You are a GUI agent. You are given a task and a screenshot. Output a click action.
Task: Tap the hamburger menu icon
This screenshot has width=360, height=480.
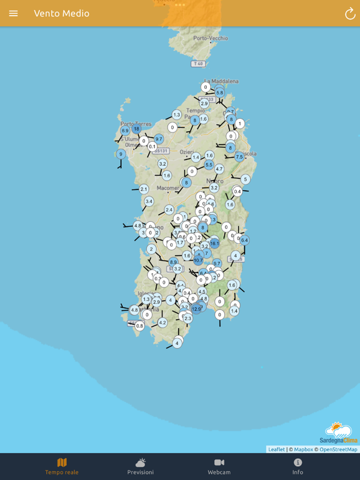click(13, 13)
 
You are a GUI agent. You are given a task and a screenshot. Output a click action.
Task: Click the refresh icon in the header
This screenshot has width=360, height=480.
click(350, 13)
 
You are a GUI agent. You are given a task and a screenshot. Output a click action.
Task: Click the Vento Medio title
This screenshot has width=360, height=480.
click(61, 13)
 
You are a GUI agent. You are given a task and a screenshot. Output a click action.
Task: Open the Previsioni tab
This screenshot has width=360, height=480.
click(141, 466)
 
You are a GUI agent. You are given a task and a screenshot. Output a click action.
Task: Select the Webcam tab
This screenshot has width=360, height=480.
click(219, 466)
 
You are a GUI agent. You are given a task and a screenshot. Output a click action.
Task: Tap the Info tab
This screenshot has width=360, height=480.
click(297, 466)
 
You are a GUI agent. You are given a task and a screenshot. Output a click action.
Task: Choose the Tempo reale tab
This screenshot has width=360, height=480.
click(62, 466)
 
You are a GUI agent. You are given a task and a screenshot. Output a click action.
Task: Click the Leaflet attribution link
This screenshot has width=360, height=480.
click(276, 449)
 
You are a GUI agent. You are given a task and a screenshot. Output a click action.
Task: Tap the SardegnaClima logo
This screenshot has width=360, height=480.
click(339, 432)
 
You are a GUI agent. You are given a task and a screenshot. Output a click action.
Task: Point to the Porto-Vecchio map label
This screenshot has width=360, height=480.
click(211, 38)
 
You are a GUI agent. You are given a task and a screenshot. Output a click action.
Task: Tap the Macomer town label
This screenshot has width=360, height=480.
click(167, 187)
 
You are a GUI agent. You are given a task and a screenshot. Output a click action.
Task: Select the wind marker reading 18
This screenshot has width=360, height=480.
click(136, 129)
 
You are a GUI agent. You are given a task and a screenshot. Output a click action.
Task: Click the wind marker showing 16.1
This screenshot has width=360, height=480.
click(214, 243)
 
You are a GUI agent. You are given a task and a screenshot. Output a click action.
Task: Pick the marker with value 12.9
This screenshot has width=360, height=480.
click(196, 309)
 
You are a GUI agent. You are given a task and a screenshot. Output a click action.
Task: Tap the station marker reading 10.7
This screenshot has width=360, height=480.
click(198, 260)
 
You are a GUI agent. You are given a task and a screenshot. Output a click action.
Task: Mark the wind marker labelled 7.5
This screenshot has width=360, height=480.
click(239, 157)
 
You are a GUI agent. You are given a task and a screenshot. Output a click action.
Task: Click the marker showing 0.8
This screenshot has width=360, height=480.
click(139, 326)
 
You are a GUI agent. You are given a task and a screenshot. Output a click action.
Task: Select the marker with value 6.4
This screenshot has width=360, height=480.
click(244, 240)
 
